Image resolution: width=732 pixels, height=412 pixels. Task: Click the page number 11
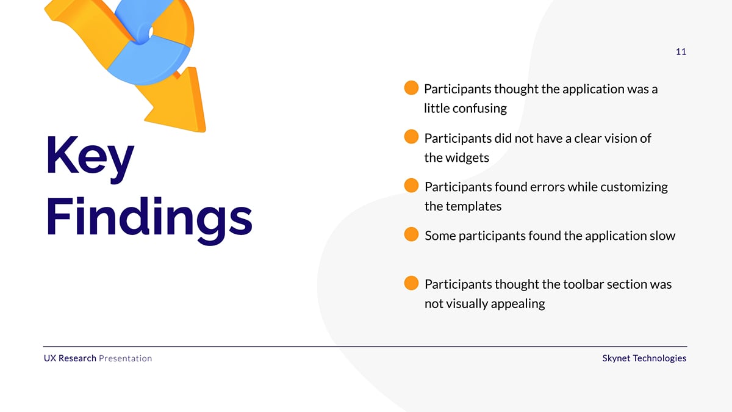(x=681, y=52)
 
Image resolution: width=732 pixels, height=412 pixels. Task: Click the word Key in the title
(x=90, y=159)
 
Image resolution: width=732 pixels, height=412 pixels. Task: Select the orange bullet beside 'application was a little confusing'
(x=411, y=88)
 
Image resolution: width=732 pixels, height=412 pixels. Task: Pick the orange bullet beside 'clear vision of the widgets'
(x=411, y=137)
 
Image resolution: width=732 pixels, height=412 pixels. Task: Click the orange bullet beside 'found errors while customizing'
(x=411, y=186)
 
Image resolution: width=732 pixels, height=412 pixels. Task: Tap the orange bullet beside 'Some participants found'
(x=411, y=234)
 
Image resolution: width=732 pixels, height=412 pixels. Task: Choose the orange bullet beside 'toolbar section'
(x=411, y=283)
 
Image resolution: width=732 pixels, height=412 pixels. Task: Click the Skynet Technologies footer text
(x=644, y=358)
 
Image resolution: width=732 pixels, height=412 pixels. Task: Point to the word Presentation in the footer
(x=126, y=358)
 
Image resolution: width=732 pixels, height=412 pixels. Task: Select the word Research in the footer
(x=77, y=358)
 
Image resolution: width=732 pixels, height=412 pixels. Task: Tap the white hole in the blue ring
(x=151, y=32)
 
